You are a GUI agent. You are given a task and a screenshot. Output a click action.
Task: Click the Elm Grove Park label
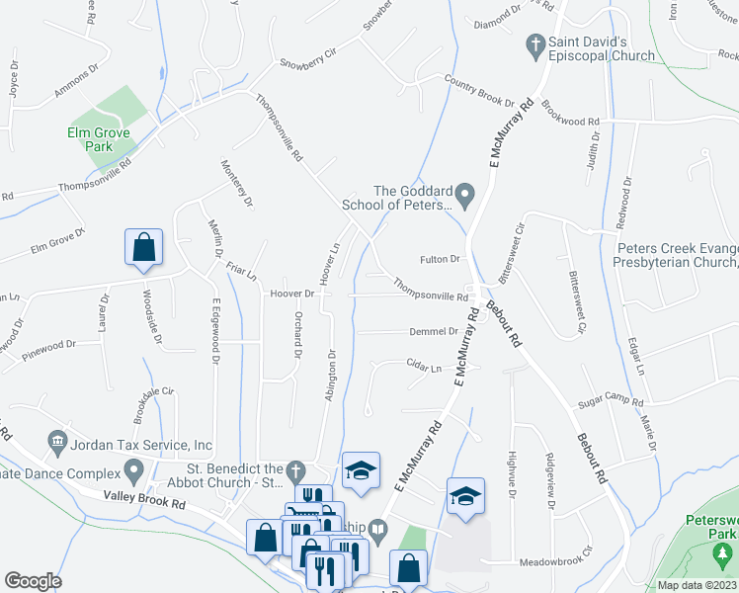coord(101,138)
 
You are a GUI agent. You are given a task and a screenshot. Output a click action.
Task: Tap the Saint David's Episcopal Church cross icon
coord(534,45)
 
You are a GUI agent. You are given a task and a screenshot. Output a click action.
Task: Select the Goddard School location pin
coord(467,193)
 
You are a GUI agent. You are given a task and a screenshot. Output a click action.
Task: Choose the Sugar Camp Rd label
coord(611,403)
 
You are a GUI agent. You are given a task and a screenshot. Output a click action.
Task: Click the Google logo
coord(33,581)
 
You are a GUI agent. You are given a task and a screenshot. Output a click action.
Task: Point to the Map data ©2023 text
coord(697,585)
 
